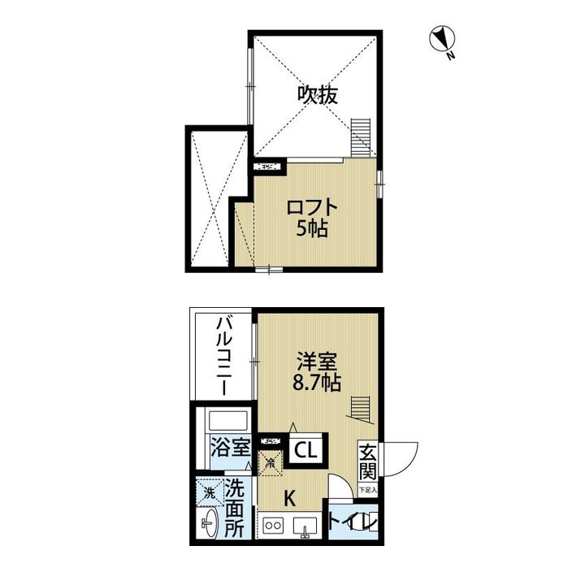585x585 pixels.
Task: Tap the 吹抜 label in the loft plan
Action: (316, 95)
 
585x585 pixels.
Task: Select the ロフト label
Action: (311, 208)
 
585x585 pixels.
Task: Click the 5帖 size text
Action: (311, 229)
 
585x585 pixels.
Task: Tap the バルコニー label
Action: (223, 357)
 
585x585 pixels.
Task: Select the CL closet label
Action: (306, 449)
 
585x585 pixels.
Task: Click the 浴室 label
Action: (230, 447)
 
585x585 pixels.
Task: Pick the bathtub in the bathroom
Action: (227, 422)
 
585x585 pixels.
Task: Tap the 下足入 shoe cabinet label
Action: (367, 491)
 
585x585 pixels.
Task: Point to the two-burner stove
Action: (272, 526)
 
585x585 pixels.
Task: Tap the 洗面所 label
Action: (235, 508)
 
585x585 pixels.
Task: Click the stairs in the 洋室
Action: (358, 405)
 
